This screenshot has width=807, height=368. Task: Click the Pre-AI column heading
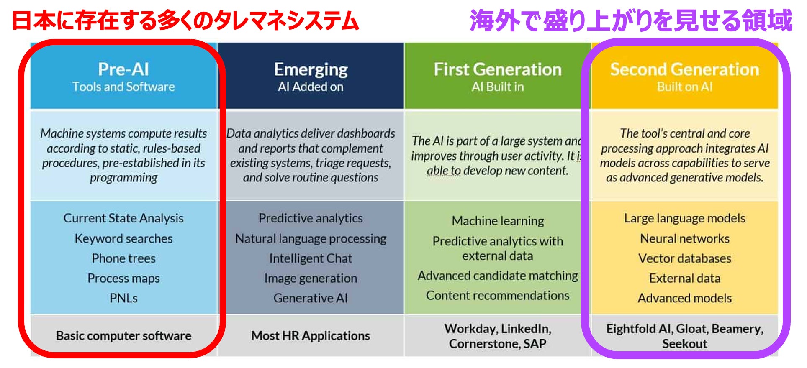click(123, 69)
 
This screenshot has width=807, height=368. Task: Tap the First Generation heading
click(498, 69)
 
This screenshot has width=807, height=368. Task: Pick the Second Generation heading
click(685, 69)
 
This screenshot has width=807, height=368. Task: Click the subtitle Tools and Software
click(123, 87)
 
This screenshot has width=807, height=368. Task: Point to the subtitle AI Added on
click(311, 87)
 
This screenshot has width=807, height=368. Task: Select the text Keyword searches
click(123, 238)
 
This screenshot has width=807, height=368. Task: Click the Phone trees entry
click(123, 258)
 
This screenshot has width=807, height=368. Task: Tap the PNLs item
click(123, 298)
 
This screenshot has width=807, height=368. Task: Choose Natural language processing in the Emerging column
click(311, 239)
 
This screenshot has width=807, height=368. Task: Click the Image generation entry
click(311, 279)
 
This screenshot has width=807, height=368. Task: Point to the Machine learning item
click(498, 221)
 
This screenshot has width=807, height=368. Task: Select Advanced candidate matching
click(498, 276)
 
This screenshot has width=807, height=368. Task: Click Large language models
click(685, 218)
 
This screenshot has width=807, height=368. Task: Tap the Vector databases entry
click(685, 258)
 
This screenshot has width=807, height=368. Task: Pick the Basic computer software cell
click(123, 336)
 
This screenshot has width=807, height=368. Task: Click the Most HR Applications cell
click(311, 336)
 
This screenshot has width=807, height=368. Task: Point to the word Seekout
click(685, 344)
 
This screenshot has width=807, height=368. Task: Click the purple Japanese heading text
click(631, 20)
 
